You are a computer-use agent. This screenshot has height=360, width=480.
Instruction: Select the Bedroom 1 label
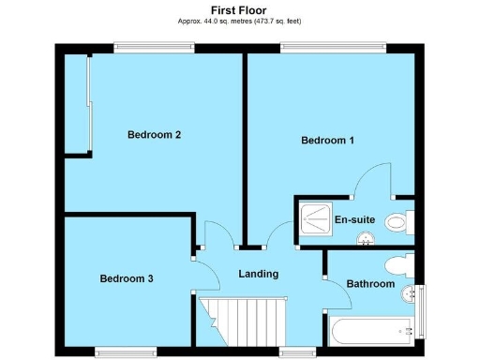pos(327,141)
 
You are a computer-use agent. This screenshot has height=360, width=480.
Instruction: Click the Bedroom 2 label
pos(154,134)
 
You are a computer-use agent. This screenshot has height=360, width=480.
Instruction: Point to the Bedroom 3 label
pos(127,278)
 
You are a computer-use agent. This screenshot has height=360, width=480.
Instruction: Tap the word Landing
pos(258,274)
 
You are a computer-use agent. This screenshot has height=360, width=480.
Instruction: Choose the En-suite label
pos(354,220)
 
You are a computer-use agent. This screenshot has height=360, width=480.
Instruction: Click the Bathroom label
pos(370,284)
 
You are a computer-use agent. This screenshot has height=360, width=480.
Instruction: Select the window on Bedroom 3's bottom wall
pos(126,352)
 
